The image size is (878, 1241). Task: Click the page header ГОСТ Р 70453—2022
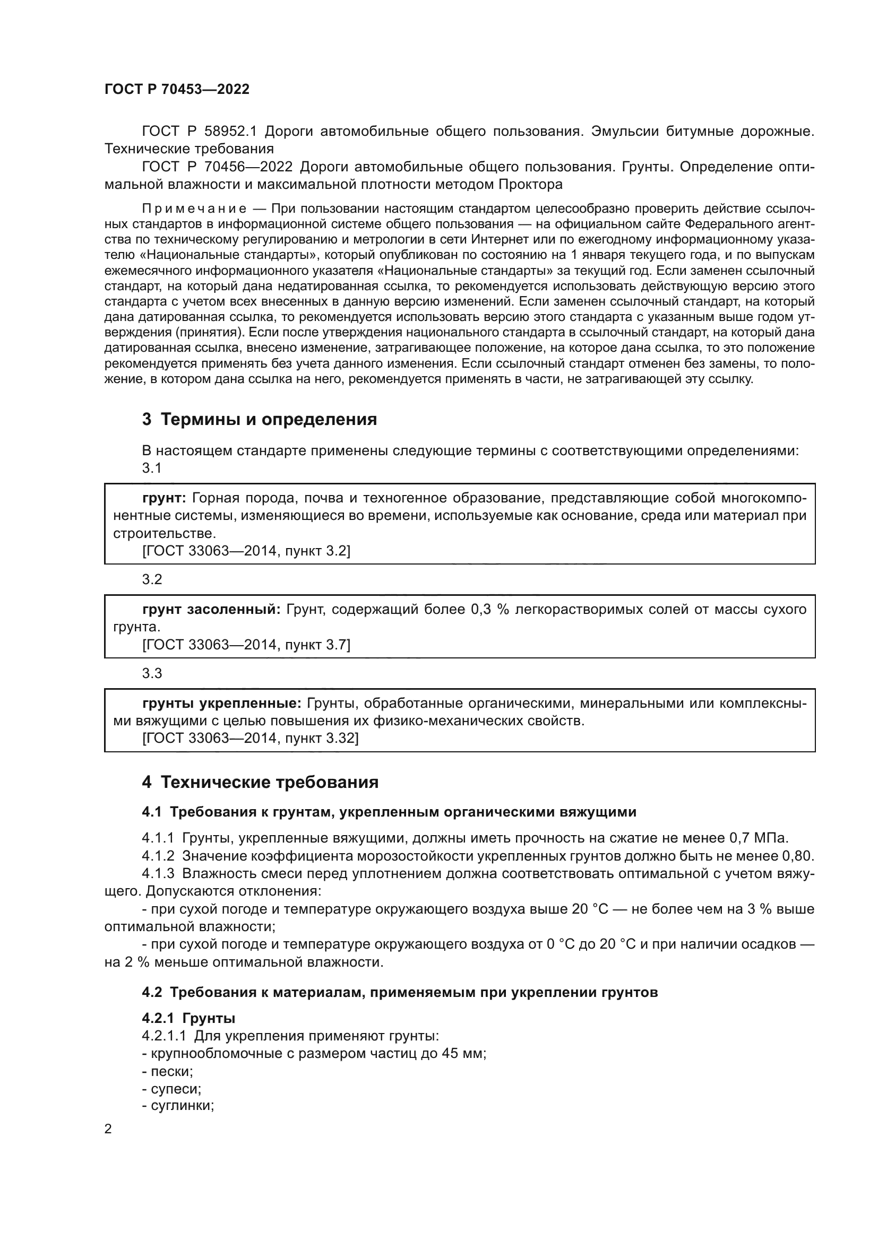pos(177,89)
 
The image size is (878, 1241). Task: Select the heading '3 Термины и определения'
pos(260,419)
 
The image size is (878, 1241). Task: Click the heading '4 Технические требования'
pos(260,782)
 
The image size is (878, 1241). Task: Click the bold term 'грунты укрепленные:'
pos(222,703)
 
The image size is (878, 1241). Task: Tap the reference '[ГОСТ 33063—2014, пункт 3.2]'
pos(246,551)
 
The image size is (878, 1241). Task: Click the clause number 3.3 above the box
pos(152,673)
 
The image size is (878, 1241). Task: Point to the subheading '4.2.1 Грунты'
pos(188,1018)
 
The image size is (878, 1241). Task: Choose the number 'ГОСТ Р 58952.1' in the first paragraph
pos(201,132)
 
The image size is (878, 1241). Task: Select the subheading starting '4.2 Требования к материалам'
pos(400,992)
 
